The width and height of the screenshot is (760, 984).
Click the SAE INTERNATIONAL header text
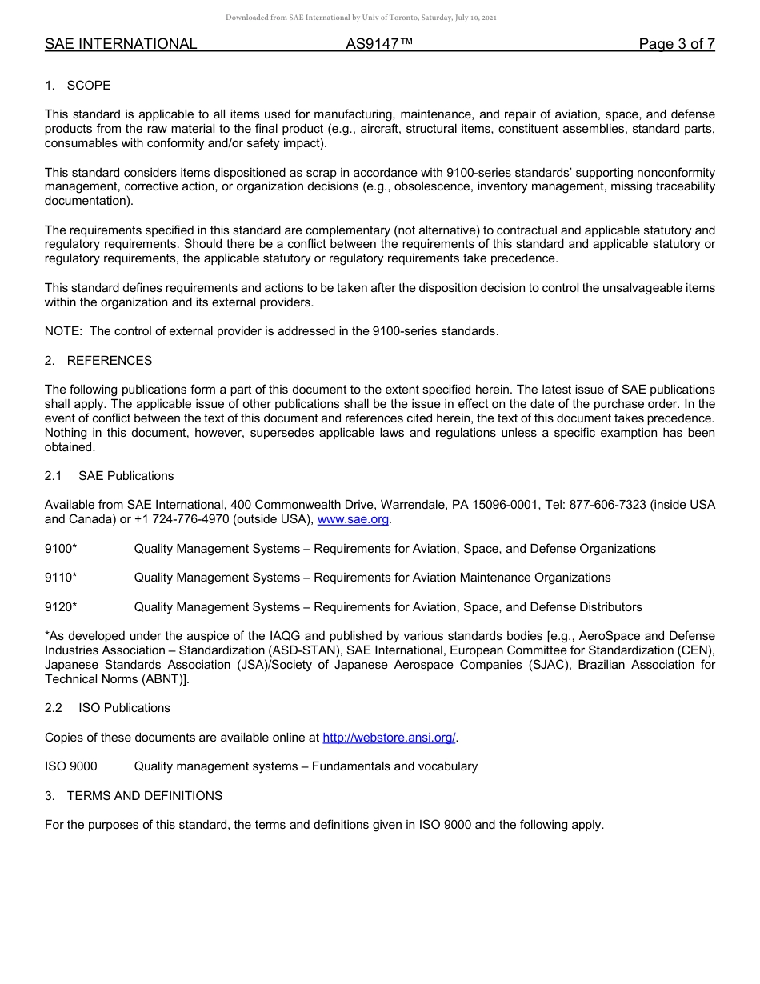[121, 44]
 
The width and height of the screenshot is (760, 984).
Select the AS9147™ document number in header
[379, 44]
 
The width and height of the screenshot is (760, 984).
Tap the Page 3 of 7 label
[676, 44]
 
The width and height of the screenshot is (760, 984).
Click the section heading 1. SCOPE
[78, 86]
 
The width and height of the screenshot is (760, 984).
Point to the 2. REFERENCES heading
[98, 361]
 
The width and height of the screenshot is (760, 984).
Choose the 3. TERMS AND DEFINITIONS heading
[134, 796]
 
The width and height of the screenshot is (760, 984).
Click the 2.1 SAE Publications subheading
[109, 476]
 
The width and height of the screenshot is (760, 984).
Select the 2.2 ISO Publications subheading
[107, 708]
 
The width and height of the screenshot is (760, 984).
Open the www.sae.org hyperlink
[353, 520]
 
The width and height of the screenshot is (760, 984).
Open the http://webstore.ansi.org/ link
[389, 738]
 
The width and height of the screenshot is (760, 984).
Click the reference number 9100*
[61, 549]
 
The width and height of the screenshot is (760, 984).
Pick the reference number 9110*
[61, 578]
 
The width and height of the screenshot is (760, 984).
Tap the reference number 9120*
[61, 607]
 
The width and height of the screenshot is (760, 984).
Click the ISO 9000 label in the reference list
[71, 766]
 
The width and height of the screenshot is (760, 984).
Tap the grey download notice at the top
[361, 18]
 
